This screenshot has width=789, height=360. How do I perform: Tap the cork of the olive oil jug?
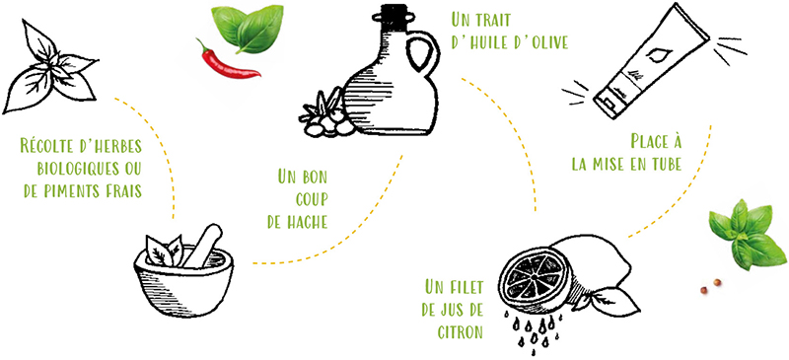(394, 15)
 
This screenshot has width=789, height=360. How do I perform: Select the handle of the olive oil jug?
(422, 54)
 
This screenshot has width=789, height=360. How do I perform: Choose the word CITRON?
(453, 331)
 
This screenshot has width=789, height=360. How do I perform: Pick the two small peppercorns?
(710, 286)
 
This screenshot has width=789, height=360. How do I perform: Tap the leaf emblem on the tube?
(656, 55)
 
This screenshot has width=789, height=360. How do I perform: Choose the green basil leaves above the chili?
(246, 29)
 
